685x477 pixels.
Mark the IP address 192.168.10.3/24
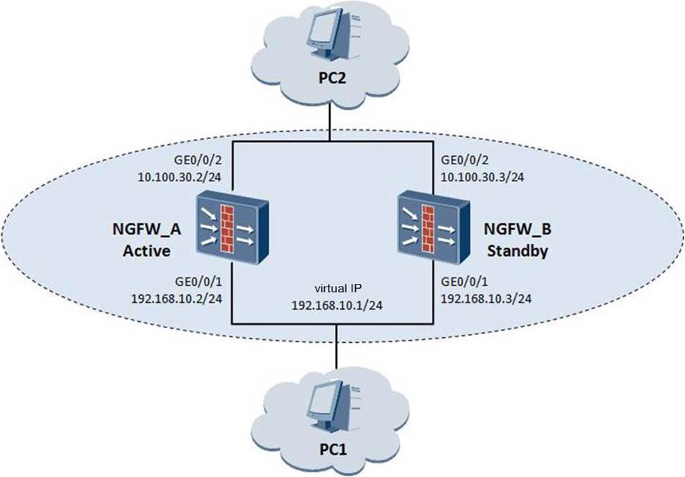point(485,298)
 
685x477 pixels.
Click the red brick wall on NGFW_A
point(226,226)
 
